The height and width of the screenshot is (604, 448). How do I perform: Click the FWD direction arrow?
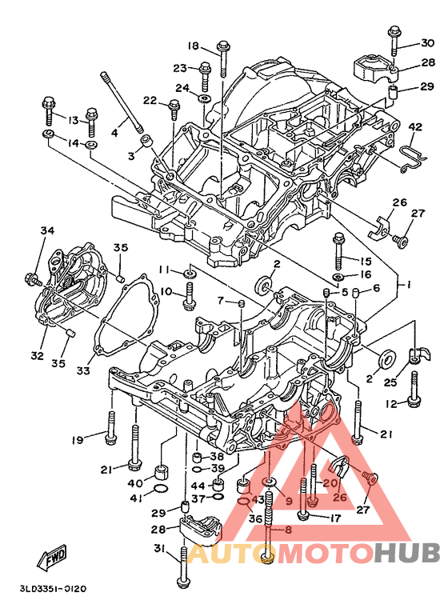(x=51, y=558)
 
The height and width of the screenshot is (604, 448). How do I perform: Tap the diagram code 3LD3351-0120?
(x=53, y=589)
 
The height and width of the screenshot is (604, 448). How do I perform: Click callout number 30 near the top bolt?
(x=427, y=42)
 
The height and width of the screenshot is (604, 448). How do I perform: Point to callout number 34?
(x=48, y=230)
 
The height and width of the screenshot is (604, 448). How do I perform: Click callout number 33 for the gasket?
(x=83, y=370)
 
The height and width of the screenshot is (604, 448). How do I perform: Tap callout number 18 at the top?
(x=194, y=46)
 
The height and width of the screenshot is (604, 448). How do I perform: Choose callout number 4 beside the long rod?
(x=114, y=133)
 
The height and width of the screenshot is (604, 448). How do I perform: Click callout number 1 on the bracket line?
(x=407, y=285)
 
